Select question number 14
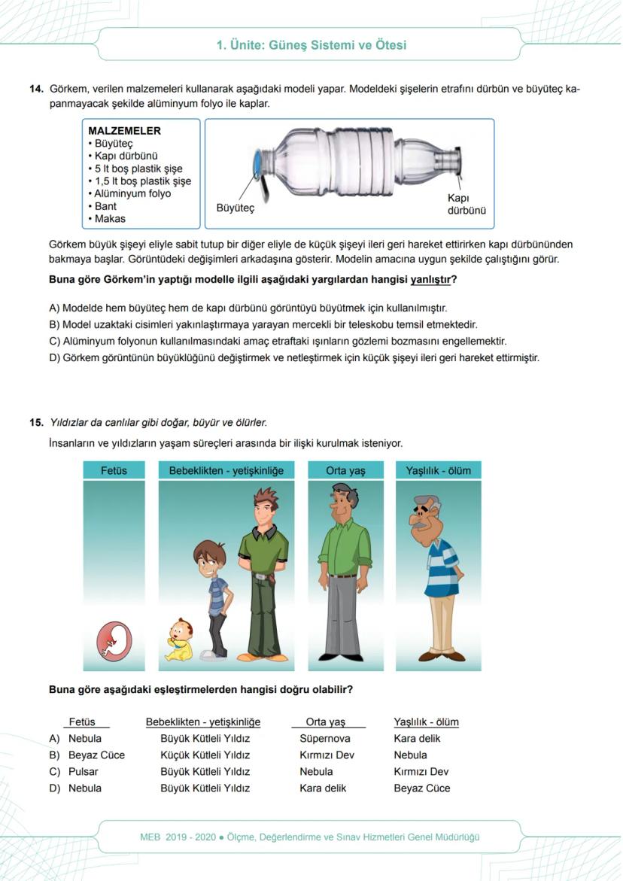pos(35,90)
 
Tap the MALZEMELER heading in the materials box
pos(124,131)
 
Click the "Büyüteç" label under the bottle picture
pos(235,208)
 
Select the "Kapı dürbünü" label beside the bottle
pos(466,204)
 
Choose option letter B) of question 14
pos(54,324)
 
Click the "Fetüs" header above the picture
pos(114,471)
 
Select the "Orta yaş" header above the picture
pos(345,471)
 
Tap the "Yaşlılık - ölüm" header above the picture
pos(438,471)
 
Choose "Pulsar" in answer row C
pos(84,772)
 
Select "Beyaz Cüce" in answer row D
pos(421,788)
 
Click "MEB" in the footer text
pos(151,837)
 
